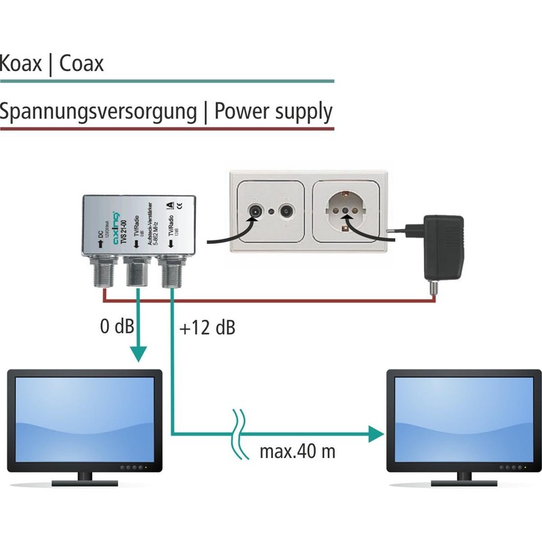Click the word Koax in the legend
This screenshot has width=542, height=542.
pos(24,64)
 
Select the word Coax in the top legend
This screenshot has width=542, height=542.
pos(81,64)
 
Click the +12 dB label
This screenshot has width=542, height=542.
pos(208,329)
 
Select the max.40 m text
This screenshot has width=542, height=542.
pos(297,451)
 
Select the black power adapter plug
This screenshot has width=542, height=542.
pos(444,247)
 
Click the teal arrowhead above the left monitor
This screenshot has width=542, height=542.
pos(139,356)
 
